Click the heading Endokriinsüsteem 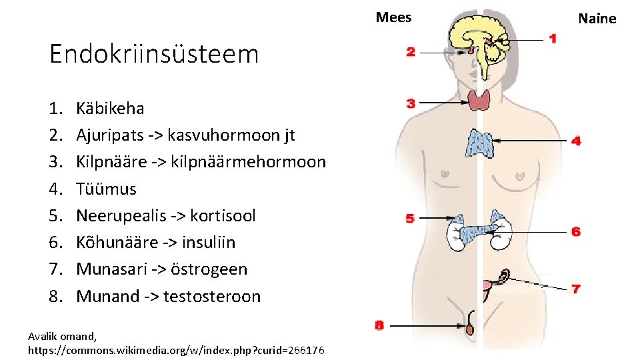click(x=153, y=53)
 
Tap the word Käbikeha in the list click(x=110, y=108)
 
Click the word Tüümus click(x=106, y=189)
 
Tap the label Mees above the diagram click(x=393, y=17)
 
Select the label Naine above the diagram click(x=597, y=19)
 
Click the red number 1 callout click(x=553, y=39)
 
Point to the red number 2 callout click(x=410, y=51)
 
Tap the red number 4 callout click(x=575, y=141)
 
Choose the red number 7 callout click(x=575, y=289)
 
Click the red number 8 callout click(x=379, y=325)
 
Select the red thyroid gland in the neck click(x=479, y=101)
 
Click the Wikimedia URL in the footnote click(x=176, y=349)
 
